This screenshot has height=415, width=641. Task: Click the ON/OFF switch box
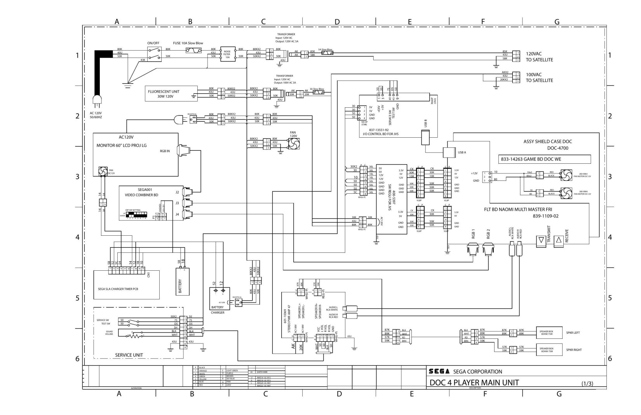(x=155, y=54)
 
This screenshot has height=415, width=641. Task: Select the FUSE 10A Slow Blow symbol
(x=193, y=51)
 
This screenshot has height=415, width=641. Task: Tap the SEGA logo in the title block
(x=439, y=371)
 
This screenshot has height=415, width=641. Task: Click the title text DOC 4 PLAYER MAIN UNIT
(x=474, y=382)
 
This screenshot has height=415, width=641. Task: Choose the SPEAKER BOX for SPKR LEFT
(x=546, y=333)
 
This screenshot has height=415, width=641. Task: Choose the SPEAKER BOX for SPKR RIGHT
(x=546, y=350)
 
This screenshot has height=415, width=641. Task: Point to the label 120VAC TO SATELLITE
(x=539, y=57)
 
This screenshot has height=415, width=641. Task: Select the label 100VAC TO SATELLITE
(x=539, y=77)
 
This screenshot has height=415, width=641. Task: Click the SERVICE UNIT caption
(x=129, y=355)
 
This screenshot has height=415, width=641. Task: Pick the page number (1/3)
(x=587, y=383)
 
